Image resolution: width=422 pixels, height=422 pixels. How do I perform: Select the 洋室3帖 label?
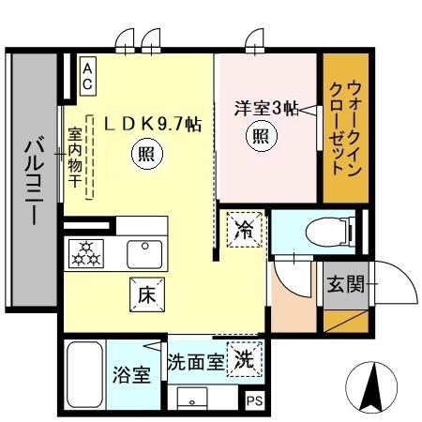pyautogui.click(x=265, y=109)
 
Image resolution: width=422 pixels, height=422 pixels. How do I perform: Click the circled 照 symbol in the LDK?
pyautogui.click(x=144, y=153)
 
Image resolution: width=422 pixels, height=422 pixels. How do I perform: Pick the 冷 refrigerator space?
pyautogui.click(x=243, y=230)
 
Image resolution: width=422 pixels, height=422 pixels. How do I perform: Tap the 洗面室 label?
pyautogui.click(x=195, y=361)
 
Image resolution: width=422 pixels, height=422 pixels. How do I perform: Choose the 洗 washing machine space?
pyautogui.click(x=243, y=358)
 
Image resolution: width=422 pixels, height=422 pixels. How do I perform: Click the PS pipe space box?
pyautogui.click(x=254, y=402)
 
